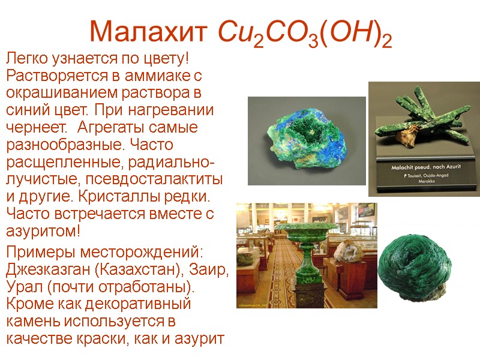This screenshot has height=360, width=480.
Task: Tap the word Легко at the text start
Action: [26, 60]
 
